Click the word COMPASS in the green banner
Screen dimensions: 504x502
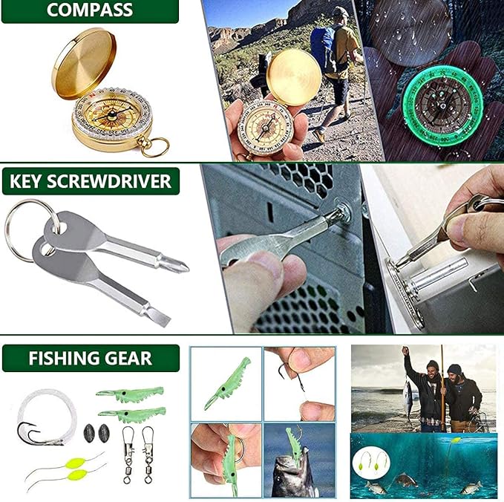coord(90,10)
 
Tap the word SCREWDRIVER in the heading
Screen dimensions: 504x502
coord(109,181)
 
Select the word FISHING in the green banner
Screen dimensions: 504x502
coord(59,358)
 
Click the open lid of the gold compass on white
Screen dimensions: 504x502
coord(84,62)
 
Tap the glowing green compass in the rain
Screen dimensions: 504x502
coord(442,105)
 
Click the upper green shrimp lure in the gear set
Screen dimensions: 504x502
coord(131,394)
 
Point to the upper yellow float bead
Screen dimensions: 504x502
coord(76,463)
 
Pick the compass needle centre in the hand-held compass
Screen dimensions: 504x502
coord(266,128)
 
